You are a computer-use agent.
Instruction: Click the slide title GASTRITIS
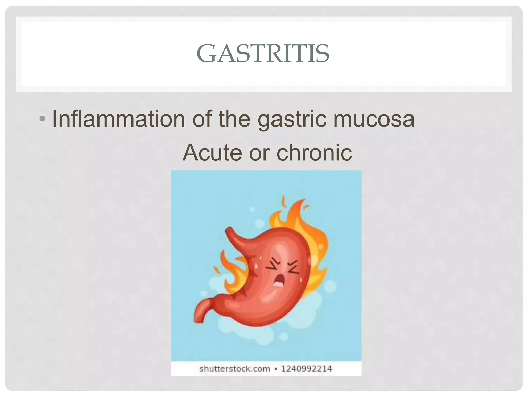(263, 53)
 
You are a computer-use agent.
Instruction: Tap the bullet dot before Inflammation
(42, 119)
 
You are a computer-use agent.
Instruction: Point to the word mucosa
(374, 119)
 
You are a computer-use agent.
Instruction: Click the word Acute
(212, 152)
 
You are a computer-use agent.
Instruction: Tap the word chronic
(314, 152)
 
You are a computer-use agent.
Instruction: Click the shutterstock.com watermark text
(235, 369)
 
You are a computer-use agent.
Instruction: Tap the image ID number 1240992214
(306, 369)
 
